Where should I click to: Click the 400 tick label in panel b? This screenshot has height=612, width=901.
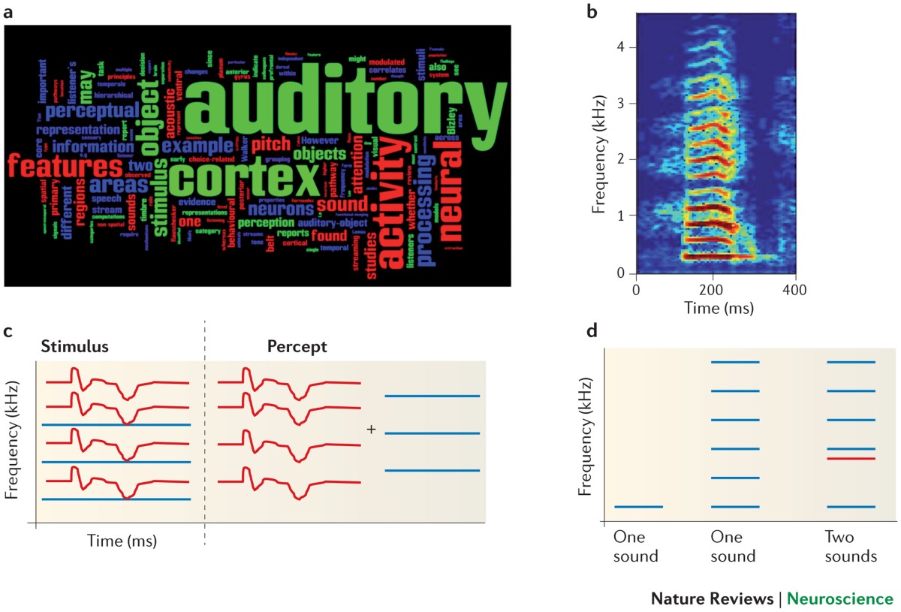pos(795,290)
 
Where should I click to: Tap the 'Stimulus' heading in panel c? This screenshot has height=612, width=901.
pos(74,348)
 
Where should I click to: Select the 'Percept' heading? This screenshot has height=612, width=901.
pos(297,348)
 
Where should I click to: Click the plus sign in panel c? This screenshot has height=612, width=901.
pos(371,430)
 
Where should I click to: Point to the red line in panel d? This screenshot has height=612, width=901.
pos(851,458)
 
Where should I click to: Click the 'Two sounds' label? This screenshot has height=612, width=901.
pos(851,547)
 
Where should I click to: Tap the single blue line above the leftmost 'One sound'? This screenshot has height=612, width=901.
pos(638,507)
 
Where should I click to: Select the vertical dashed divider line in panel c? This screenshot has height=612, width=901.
pos(204,436)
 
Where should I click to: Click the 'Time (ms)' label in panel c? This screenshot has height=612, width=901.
pos(122,540)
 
